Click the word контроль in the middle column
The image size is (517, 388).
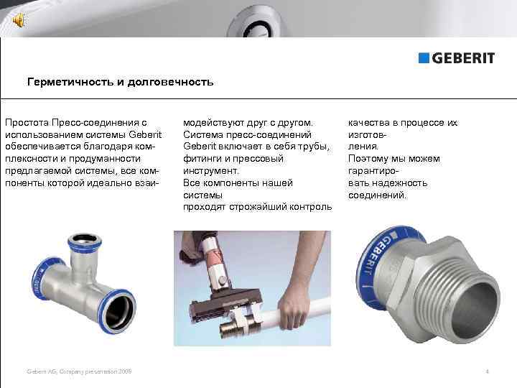point(309,207)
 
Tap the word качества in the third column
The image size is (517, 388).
point(368,123)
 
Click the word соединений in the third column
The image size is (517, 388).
point(377,195)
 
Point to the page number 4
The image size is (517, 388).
point(487,371)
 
